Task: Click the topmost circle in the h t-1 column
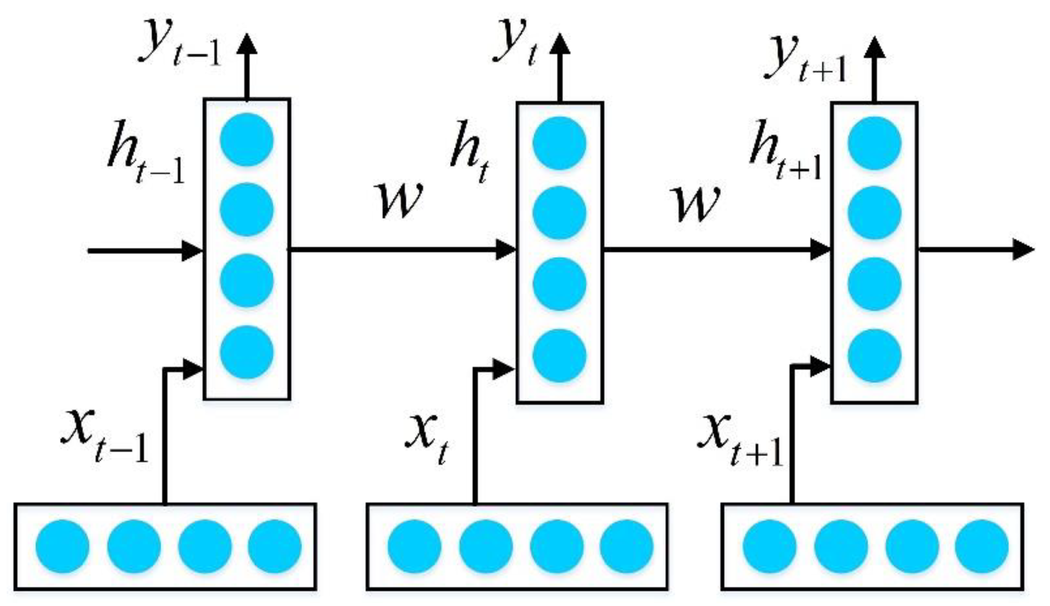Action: (x=247, y=140)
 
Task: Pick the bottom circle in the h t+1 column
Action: (x=874, y=355)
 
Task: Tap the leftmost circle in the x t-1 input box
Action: (x=62, y=546)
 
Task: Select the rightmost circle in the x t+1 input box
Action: (x=982, y=546)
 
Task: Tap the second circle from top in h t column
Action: (x=559, y=213)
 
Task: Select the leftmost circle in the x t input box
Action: (x=414, y=546)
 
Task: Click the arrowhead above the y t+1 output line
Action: (x=874, y=48)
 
